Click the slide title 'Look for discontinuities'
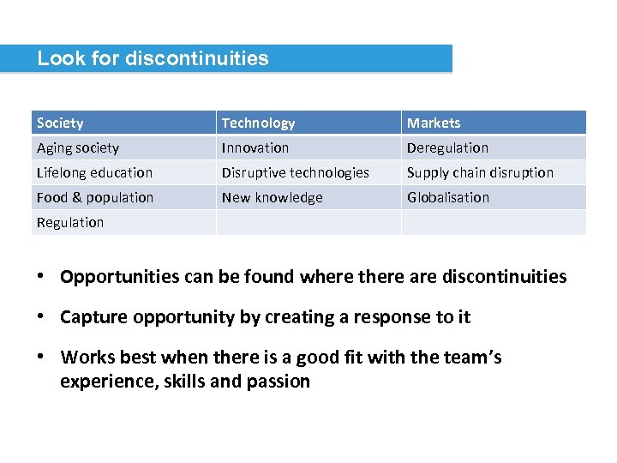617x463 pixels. point(153,58)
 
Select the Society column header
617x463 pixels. point(60,123)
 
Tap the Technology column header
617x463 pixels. point(258,123)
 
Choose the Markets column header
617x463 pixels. point(434,123)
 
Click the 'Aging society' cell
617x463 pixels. point(78,148)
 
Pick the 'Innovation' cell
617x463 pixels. point(255,148)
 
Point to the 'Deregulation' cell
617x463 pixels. point(447,148)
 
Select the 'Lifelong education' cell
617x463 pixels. point(94,172)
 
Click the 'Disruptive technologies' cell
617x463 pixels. point(296,172)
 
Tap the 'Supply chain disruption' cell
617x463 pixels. point(480,172)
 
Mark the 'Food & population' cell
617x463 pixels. point(95,197)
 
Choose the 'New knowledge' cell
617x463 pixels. point(273,197)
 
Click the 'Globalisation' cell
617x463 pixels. point(448,197)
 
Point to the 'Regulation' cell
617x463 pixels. point(70,222)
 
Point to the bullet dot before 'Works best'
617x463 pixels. point(41,357)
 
